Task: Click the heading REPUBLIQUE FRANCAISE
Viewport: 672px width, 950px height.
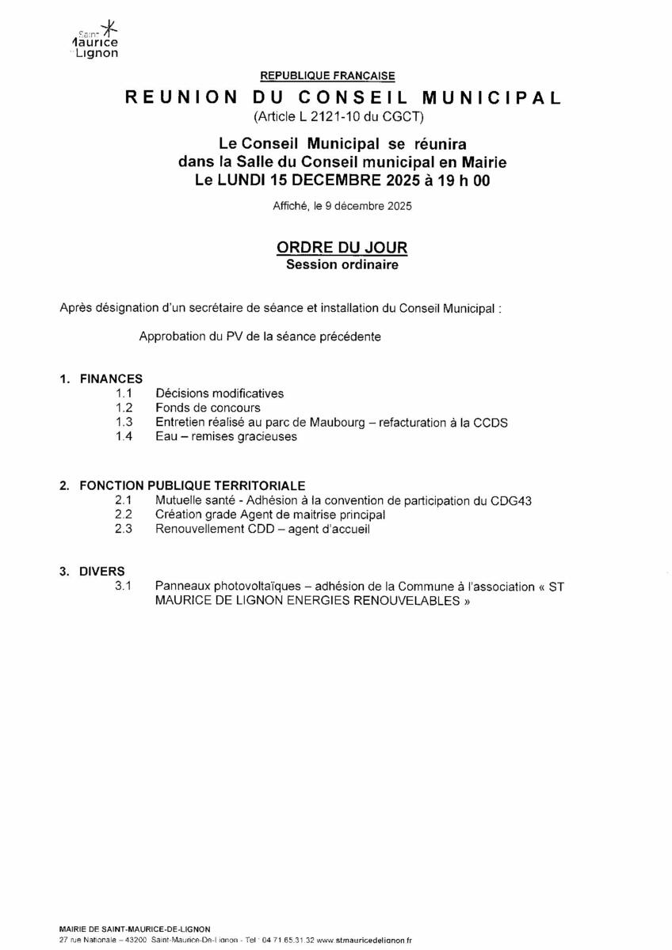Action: pyautogui.click(x=327, y=76)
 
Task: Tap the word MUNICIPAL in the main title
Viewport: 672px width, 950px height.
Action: pyautogui.click(x=491, y=98)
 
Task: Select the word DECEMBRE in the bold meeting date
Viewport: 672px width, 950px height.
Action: pyautogui.click(x=336, y=180)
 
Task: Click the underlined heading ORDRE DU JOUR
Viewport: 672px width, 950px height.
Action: pyautogui.click(x=342, y=248)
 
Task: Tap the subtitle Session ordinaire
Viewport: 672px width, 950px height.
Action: pyautogui.click(x=342, y=266)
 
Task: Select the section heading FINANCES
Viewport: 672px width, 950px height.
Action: pyautogui.click(x=111, y=379)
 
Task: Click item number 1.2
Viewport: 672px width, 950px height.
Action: pyautogui.click(x=123, y=408)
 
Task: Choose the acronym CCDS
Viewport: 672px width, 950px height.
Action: pyautogui.click(x=491, y=422)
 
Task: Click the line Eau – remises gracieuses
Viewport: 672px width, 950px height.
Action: pyautogui.click(x=226, y=436)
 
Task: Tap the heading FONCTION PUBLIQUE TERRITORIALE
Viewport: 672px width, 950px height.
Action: pyautogui.click(x=193, y=485)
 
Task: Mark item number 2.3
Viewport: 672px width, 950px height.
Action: pyautogui.click(x=123, y=529)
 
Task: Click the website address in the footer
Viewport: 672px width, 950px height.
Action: pyautogui.click(x=364, y=940)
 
